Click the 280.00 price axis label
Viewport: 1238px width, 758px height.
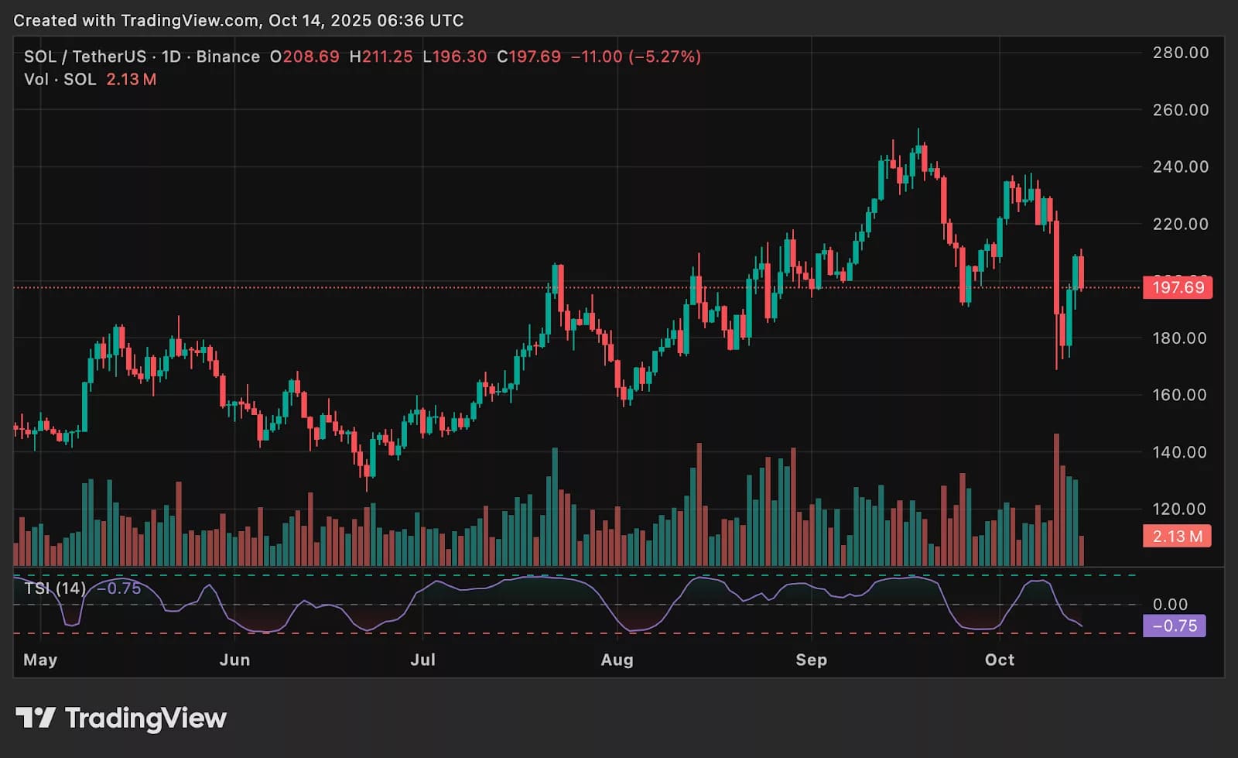1180,53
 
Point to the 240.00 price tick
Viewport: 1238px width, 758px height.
1180,166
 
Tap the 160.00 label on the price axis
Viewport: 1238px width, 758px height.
1180,395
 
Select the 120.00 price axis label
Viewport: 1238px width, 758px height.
1180,509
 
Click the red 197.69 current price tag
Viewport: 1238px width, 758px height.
1178,287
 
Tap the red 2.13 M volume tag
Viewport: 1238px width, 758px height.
1177,536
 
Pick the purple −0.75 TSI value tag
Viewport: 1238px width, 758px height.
1174,626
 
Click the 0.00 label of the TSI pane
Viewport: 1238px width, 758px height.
1170,604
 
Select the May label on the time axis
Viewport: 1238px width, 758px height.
40,660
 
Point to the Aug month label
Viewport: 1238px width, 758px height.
617,660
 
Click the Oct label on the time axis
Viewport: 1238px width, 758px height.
999,660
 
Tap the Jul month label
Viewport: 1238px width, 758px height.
422,660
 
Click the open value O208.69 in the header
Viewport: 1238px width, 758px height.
304,57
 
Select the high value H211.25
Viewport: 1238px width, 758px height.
381,57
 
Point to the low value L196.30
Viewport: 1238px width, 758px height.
455,57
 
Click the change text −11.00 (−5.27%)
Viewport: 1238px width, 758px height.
635,57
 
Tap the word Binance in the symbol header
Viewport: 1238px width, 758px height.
227,57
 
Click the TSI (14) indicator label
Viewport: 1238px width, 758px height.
55,588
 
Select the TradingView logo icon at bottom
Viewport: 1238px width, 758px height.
35,718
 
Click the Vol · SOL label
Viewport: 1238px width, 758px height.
60,79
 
